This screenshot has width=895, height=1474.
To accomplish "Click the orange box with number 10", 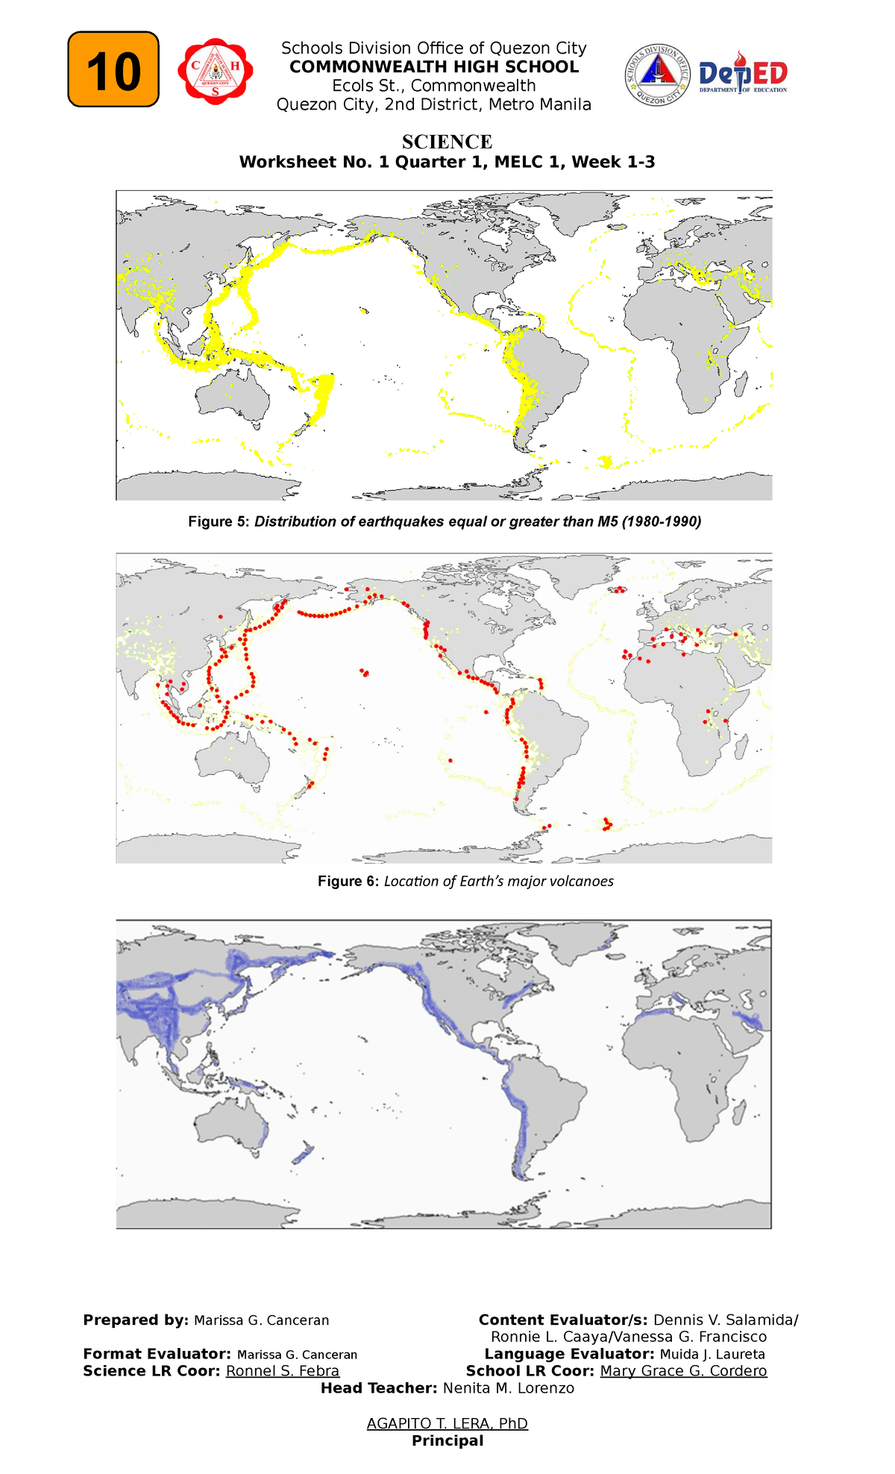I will (113, 69).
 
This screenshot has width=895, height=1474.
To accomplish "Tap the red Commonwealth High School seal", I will (215, 71).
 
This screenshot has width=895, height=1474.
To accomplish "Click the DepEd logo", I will (743, 75).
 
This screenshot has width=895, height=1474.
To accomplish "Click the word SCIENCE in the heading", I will (447, 142).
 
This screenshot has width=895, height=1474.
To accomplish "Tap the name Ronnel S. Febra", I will (283, 1371).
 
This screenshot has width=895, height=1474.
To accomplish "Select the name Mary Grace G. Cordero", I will (683, 1371).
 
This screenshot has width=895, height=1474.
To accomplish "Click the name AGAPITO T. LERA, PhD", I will (447, 1423).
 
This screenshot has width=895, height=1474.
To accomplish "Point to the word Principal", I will (447, 1440).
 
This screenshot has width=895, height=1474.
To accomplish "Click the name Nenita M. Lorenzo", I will (509, 1388).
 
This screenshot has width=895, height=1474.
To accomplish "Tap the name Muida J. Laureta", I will (712, 1354).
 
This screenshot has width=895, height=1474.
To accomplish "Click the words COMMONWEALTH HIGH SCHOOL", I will (434, 67).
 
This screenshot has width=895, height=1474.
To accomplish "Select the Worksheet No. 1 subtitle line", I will (447, 162).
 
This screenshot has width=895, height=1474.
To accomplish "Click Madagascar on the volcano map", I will (741, 747).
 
